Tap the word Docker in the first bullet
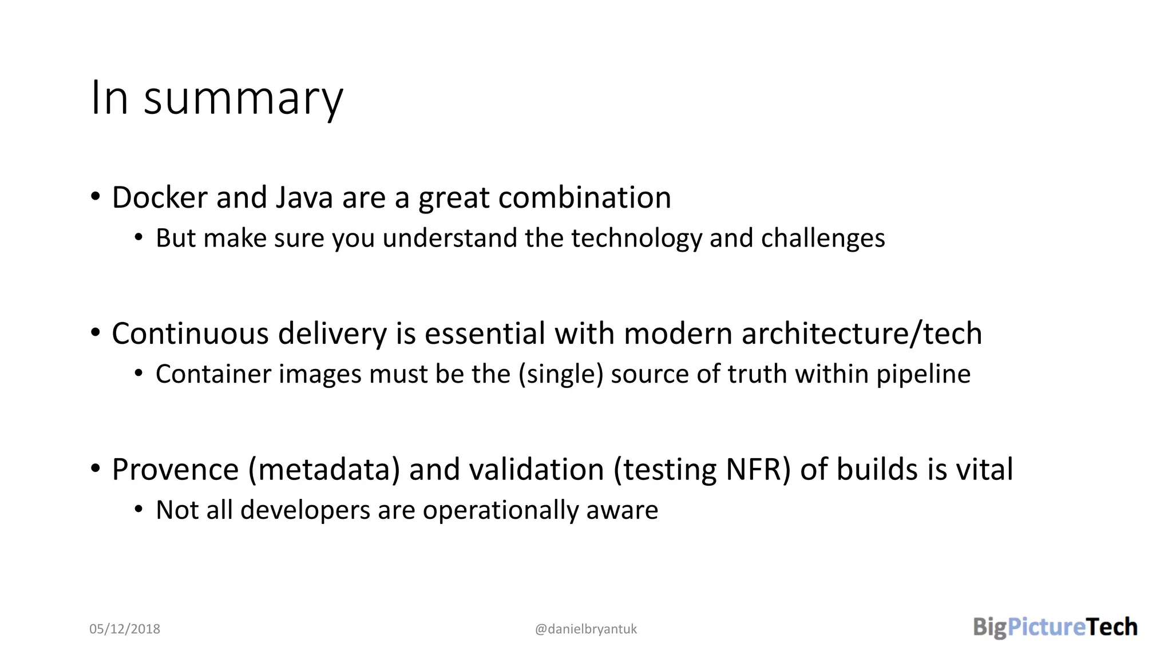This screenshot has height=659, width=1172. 160,198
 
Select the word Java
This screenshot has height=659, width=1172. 304,198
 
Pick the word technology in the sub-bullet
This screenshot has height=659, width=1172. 636,239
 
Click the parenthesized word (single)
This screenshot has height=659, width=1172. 561,375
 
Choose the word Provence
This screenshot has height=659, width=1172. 175,470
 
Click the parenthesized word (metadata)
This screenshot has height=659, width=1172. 324,470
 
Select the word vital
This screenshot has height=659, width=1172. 985,470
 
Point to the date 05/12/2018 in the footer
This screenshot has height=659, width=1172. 125,629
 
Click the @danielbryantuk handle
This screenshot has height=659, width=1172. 585,629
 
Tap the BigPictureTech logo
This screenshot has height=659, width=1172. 1055,627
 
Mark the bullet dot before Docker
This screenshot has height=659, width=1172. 96,196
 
